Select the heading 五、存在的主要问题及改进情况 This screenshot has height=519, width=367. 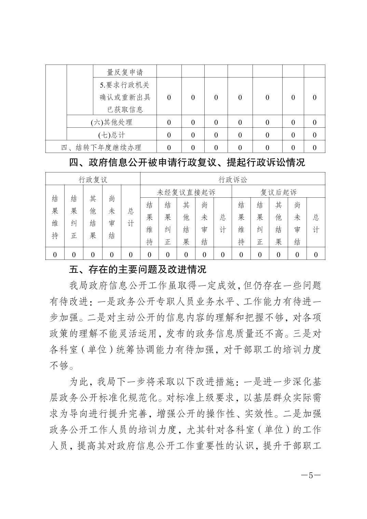coord(138,270)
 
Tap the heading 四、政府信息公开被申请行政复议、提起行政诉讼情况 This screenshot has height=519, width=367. coord(187,163)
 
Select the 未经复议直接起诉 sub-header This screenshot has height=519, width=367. coord(186,192)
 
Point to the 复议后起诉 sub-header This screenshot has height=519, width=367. coord(278,192)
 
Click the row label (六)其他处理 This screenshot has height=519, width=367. coord(111,122)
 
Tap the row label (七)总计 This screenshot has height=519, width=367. coord(111,135)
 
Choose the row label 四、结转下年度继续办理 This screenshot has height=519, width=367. coord(101,148)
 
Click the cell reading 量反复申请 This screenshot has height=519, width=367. coord(125,72)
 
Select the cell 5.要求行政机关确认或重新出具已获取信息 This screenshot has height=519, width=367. coord(125,97)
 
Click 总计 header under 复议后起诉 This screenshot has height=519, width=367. coord(316,223)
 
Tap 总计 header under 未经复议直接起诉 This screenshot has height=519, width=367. coord(223,223)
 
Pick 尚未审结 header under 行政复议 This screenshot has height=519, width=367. coord(112,217)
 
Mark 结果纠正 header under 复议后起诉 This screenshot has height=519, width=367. coord(260,223)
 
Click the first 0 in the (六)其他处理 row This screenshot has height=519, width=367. coord(169,122)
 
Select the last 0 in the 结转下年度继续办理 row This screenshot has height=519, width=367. coord(315,148)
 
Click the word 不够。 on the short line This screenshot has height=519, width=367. coord(62,366)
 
